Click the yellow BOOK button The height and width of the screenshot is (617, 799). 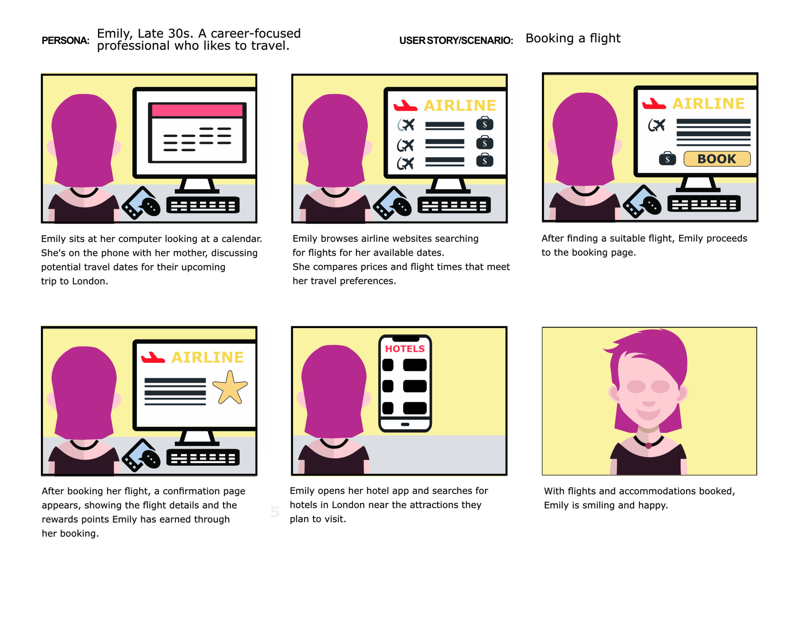tap(717, 159)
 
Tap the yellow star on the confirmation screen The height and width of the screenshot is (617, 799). tap(230, 389)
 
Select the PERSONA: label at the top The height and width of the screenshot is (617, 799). tap(66, 40)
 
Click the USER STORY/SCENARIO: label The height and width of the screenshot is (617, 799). tap(456, 40)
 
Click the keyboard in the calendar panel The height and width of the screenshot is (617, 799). tap(203, 205)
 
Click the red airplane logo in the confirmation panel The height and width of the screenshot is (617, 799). tap(153, 357)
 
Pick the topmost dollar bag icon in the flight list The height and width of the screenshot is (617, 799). tap(484, 124)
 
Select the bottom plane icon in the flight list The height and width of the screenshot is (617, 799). tap(406, 163)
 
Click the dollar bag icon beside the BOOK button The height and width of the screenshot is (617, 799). tap(667, 159)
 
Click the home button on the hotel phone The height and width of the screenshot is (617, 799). tap(405, 425)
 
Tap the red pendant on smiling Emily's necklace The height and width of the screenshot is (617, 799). tap(648, 445)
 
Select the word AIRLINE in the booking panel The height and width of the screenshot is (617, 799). tap(708, 104)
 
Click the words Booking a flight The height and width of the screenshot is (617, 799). tap(573, 38)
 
